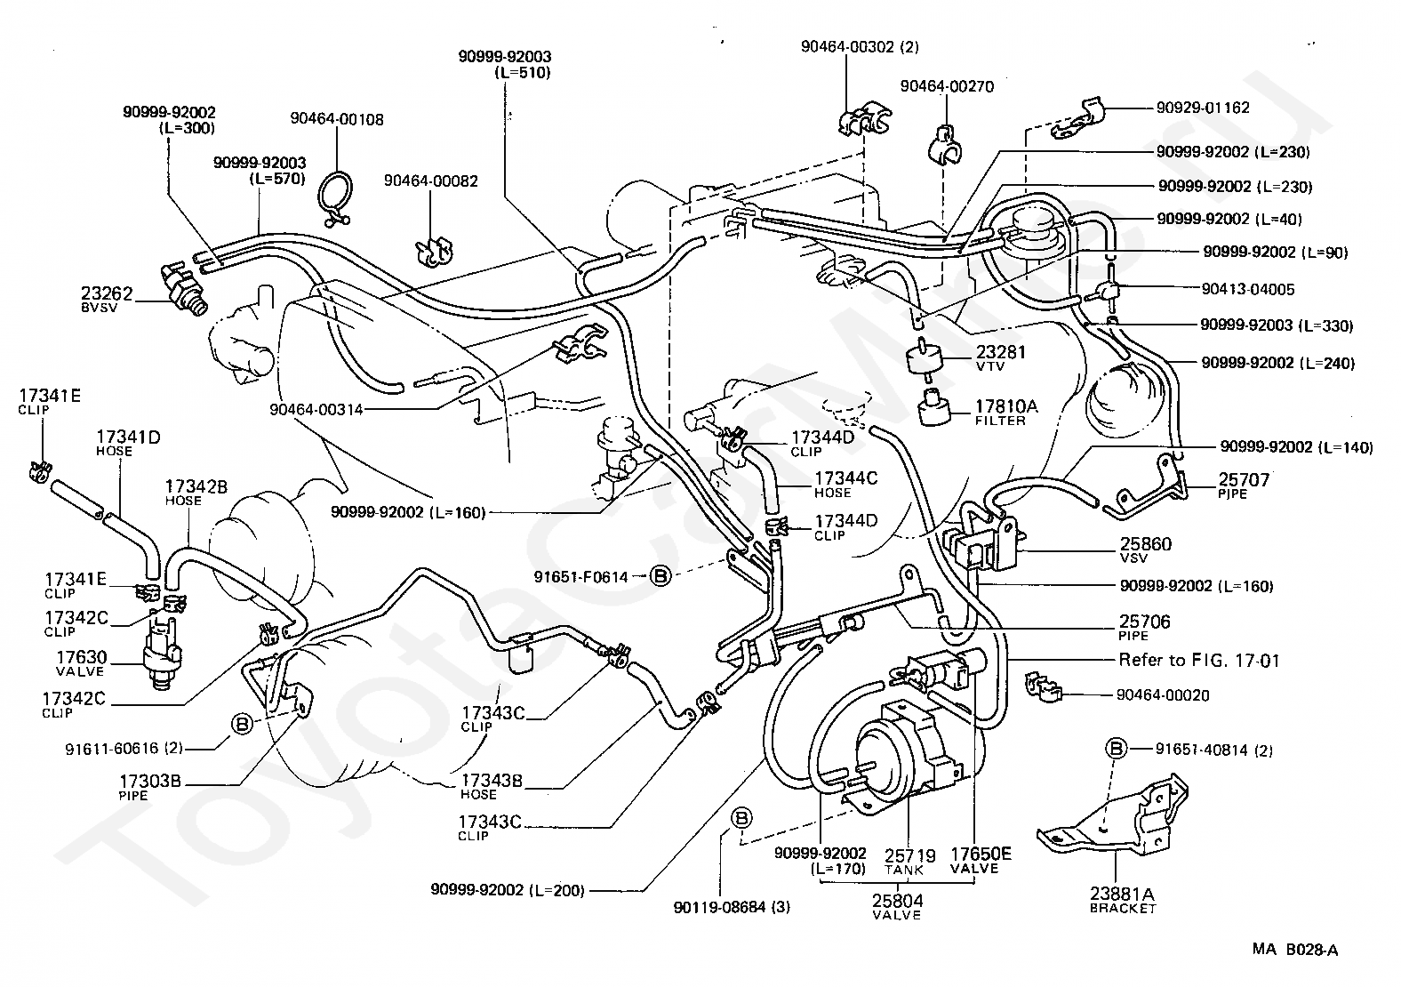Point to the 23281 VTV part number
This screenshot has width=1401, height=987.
[x=1000, y=357]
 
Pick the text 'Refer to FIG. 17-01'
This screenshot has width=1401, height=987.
[x=1198, y=661]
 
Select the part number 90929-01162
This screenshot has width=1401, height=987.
[x=1203, y=108]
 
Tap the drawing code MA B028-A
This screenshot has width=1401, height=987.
[x=1294, y=950]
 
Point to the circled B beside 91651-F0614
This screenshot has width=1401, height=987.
[x=660, y=576]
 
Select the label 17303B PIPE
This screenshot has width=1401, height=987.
[x=150, y=787]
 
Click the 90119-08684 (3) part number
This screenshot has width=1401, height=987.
[x=732, y=908]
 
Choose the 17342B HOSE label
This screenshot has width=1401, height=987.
[x=196, y=492]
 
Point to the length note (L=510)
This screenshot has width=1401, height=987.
[x=523, y=73]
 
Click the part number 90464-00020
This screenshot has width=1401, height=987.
[x=1163, y=695]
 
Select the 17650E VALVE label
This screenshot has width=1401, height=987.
[x=981, y=861]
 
